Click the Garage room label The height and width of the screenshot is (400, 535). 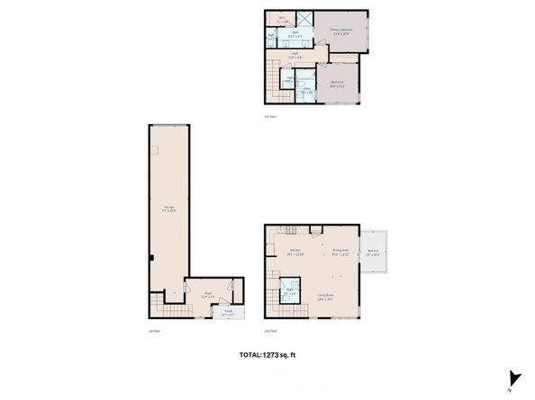click(x=168, y=210)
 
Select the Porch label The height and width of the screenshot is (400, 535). click(x=228, y=314)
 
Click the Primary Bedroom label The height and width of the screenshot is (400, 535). click(x=341, y=31)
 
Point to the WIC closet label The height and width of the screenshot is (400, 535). click(x=281, y=18)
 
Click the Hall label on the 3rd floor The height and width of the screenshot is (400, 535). click(x=293, y=55)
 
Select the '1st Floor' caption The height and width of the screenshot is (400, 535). click(x=154, y=331)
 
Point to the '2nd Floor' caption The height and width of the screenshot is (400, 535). click(x=270, y=331)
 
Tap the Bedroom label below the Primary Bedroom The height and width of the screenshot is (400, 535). click(x=337, y=83)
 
